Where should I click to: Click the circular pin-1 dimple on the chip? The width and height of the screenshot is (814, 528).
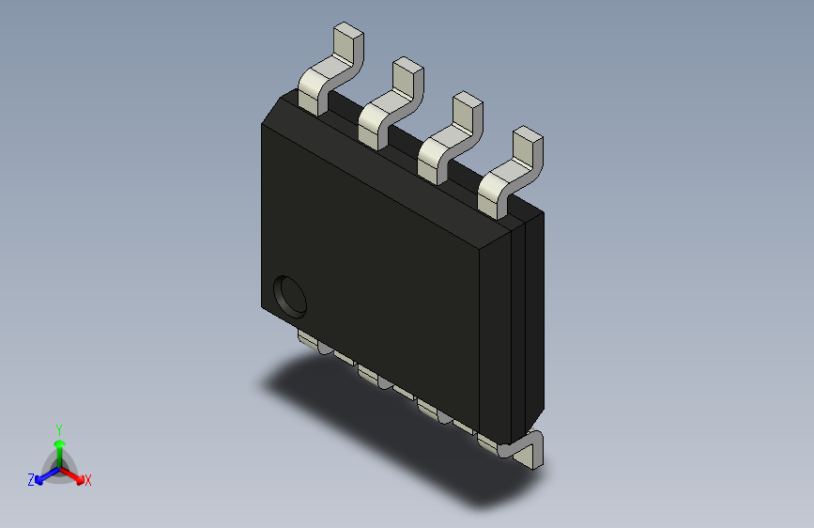tap(290, 296)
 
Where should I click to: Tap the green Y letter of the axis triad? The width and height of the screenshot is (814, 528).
tap(58, 427)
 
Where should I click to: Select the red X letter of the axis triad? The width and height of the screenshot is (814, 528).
tap(87, 480)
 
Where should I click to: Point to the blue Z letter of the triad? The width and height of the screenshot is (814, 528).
tap(31, 480)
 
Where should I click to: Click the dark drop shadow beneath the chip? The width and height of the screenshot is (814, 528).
tap(376, 423)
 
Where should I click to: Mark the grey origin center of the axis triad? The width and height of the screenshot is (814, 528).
tap(58, 467)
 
